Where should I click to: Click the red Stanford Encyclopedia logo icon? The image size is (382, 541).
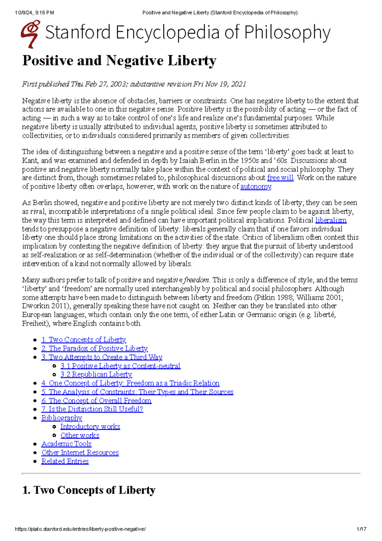[31, 34]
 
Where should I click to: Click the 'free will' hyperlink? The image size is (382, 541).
[280, 178]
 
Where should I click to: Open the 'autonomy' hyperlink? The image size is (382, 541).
[256, 187]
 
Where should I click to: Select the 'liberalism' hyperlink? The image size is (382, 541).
[331, 220]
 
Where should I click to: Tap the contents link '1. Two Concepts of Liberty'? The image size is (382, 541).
[84, 340]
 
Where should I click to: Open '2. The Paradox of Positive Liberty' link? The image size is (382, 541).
[95, 349]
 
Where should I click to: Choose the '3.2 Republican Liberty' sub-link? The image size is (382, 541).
[96, 374]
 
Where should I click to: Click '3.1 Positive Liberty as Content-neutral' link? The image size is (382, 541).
[120, 366]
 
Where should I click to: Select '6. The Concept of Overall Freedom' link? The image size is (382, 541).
[96, 400]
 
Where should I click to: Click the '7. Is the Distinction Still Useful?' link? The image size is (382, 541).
[92, 409]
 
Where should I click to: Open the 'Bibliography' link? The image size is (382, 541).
[62, 418]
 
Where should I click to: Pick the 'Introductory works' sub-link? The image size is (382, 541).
[90, 427]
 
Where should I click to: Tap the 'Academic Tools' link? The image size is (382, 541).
[67, 444]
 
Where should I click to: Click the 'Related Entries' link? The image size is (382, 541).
[65, 461]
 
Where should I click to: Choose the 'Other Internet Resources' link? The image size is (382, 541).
[80, 452]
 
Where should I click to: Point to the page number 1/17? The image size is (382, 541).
[361, 529]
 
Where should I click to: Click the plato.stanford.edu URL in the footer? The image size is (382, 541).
[80, 529]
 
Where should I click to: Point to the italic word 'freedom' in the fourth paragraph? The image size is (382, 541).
[196, 280]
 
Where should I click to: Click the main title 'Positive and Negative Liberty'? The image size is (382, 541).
[119, 61]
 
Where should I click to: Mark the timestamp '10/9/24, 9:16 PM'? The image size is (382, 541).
[34, 13]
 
